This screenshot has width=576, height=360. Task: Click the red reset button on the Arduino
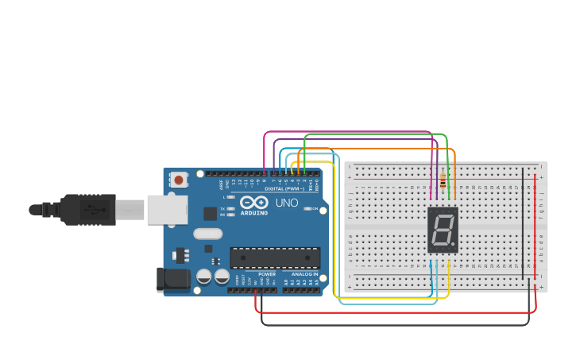point(179,180)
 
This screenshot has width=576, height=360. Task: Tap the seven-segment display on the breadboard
point(443,230)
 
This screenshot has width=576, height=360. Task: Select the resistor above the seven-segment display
point(443,184)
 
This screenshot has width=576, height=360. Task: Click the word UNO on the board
point(286,203)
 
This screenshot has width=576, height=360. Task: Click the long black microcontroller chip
point(275,257)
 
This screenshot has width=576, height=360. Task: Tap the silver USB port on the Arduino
point(166,209)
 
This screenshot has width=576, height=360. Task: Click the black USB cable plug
point(87,209)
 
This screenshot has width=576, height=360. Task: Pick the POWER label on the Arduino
point(266,273)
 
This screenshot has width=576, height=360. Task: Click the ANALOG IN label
point(304,273)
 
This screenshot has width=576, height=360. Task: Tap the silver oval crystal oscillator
point(207,234)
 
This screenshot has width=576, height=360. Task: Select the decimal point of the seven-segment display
point(454,246)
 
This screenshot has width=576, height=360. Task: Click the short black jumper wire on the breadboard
point(523,223)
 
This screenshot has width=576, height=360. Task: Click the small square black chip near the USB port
point(210,213)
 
